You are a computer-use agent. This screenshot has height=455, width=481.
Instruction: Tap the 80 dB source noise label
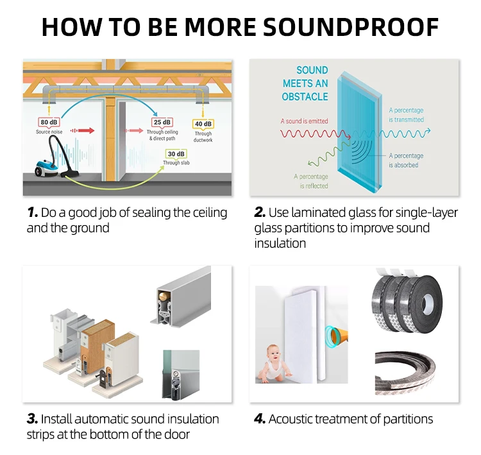[49, 122]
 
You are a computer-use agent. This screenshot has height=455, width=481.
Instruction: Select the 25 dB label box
[162, 122]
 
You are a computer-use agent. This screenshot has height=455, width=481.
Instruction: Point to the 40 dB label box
[203, 124]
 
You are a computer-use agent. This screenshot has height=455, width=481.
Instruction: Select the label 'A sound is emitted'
[304, 121]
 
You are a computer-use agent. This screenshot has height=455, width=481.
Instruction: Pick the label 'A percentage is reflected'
[311, 181]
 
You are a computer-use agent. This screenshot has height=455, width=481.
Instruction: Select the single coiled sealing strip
[409, 370]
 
